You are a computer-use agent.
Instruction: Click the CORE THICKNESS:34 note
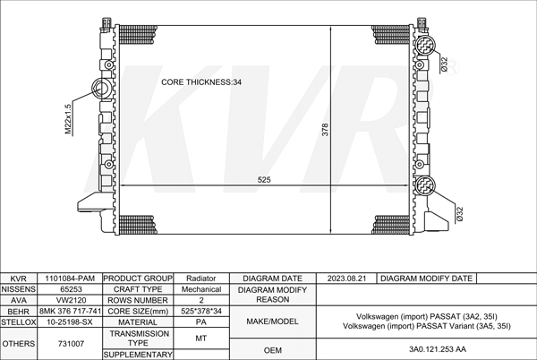[x=201, y=82]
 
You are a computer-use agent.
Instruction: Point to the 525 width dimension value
[x=264, y=179]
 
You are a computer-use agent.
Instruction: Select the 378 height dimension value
[x=325, y=130]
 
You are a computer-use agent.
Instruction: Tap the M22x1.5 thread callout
[x=69, y=119]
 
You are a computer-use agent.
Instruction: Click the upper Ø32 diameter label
[x=444, y=64]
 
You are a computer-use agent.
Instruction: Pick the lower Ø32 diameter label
[x=460, y=214]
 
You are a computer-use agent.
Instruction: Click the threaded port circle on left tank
[x=102, y=88]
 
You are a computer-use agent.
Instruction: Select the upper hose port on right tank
[x=424, y=45]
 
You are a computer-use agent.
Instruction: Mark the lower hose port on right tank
[x=424, y=185]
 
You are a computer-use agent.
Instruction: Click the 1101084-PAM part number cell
[x=70, y=279]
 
